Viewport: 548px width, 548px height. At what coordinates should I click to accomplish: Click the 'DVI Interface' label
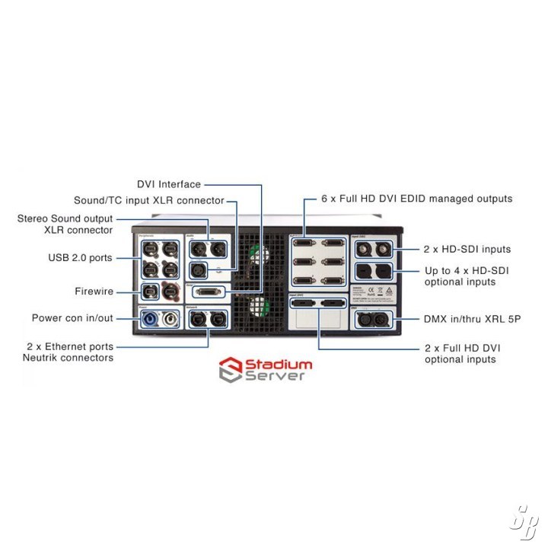[169, 184]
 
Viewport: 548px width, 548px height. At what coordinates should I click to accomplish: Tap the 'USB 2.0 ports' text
[80, 258]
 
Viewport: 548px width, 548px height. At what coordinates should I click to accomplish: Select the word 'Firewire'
[94, 291]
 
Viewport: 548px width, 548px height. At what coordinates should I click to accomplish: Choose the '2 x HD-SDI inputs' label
[467, 249]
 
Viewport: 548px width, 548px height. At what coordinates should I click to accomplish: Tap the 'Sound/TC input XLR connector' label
[148, 200]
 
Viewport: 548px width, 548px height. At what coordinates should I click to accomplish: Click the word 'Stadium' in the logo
[277, 365]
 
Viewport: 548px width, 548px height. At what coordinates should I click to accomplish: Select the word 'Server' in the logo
[276, 375]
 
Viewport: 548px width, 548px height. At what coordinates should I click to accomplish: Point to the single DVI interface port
[209, 292]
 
